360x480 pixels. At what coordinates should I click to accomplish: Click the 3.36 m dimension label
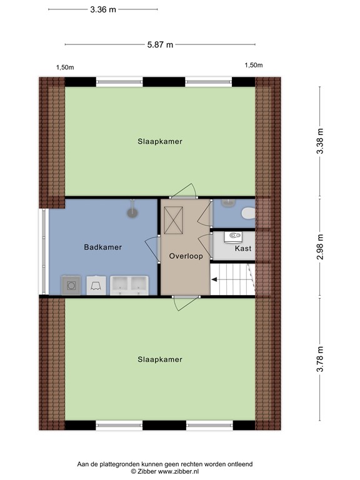(x=104, y=10)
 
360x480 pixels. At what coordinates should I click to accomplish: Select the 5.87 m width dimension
(x=160, y=44)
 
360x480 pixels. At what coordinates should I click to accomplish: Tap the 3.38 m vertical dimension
(x=320, y=142)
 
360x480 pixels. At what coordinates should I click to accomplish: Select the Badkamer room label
(x=103, y=247)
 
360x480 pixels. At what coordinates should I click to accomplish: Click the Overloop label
(x=186, y=256)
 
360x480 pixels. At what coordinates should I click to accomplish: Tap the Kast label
(x=243, y=249)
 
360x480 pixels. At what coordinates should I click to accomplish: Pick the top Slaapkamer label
(x=160, y=141)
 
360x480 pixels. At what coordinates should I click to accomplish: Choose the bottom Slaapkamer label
(x=160, y=359)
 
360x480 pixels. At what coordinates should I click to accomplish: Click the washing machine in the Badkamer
(x=71, y=285)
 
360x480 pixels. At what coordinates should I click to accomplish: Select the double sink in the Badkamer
(x=129, y=284)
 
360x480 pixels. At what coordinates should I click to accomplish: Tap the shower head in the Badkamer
(x=132, y=211)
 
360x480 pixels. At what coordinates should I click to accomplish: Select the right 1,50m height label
(x=254, y=65)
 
